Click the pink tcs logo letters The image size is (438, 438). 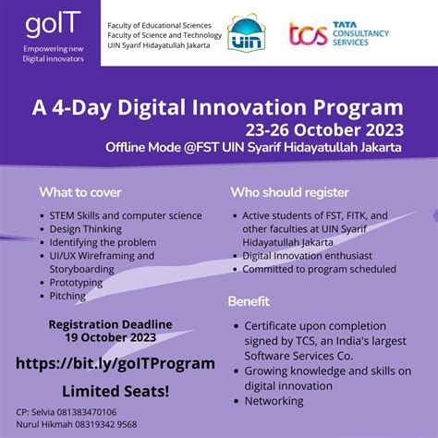tap(308, 34)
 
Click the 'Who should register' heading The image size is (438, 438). tap(288, 193)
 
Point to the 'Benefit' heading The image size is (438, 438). tap(249, 301)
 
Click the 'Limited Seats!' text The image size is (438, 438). tap(116, 391)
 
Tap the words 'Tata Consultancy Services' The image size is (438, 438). tap(363, 33)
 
